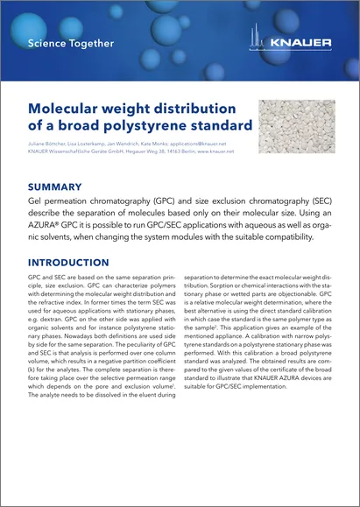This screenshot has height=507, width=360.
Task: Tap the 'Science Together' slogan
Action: tap(70, 42)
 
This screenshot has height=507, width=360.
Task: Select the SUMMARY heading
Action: tap(56, 187)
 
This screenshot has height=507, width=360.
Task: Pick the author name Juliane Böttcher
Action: tap(47, 143)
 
